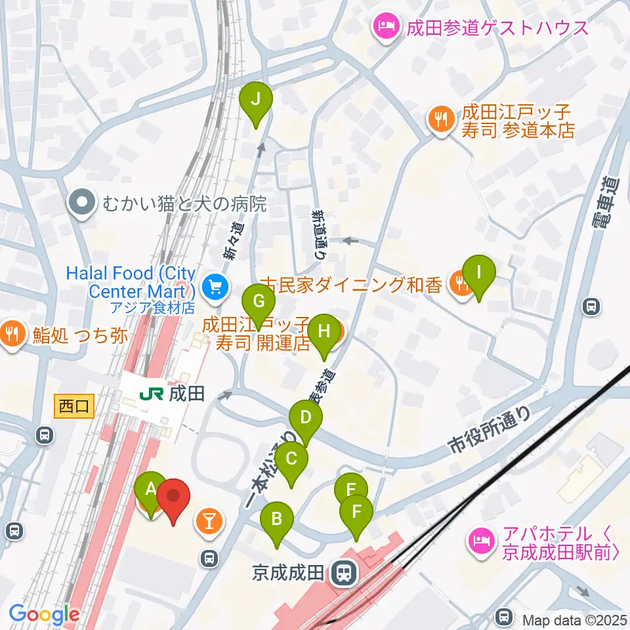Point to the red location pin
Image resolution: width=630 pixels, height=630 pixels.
point(173,499)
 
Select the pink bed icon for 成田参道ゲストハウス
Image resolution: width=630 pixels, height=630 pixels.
point(385,27)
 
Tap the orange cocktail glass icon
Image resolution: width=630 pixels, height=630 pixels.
point(209,522)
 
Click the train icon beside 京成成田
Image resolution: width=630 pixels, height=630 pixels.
point(342,573)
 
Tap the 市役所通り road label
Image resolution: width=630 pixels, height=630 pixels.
point(490,429)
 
